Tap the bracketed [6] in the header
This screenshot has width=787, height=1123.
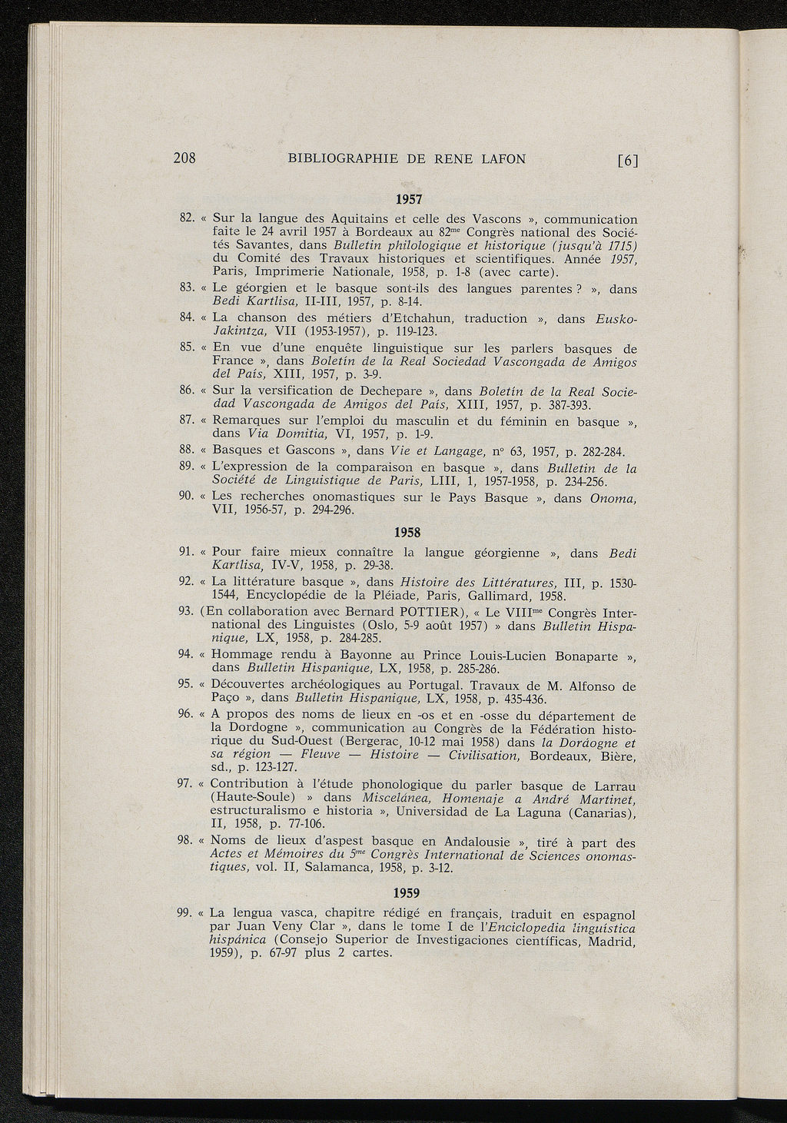(627, 160)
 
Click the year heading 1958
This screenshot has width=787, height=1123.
(408, 531)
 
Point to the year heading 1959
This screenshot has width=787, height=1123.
(408, 893)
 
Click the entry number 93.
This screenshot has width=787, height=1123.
(184, 610)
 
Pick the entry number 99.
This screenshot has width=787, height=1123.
(184, 912)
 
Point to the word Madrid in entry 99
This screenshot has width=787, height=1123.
(610, 941)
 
